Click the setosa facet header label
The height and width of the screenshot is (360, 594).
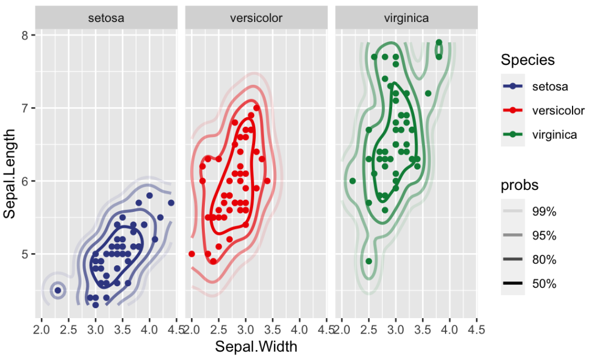(106, 18)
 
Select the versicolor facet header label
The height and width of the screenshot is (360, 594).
(256, 18)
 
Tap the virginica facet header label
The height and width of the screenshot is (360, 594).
(406, 18)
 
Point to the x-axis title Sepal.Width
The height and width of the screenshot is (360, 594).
(256, 347)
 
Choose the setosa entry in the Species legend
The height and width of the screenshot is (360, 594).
(550, 86)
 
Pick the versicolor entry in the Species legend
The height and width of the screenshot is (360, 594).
(558, 110)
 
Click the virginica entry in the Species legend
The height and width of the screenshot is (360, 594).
(554, 134)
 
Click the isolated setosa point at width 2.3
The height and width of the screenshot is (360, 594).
(58, 290)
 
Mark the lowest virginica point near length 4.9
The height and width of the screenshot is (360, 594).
(369, 261)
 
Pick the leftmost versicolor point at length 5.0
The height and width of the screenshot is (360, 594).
(191, 254)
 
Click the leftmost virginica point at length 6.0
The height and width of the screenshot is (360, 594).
(353, 181)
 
